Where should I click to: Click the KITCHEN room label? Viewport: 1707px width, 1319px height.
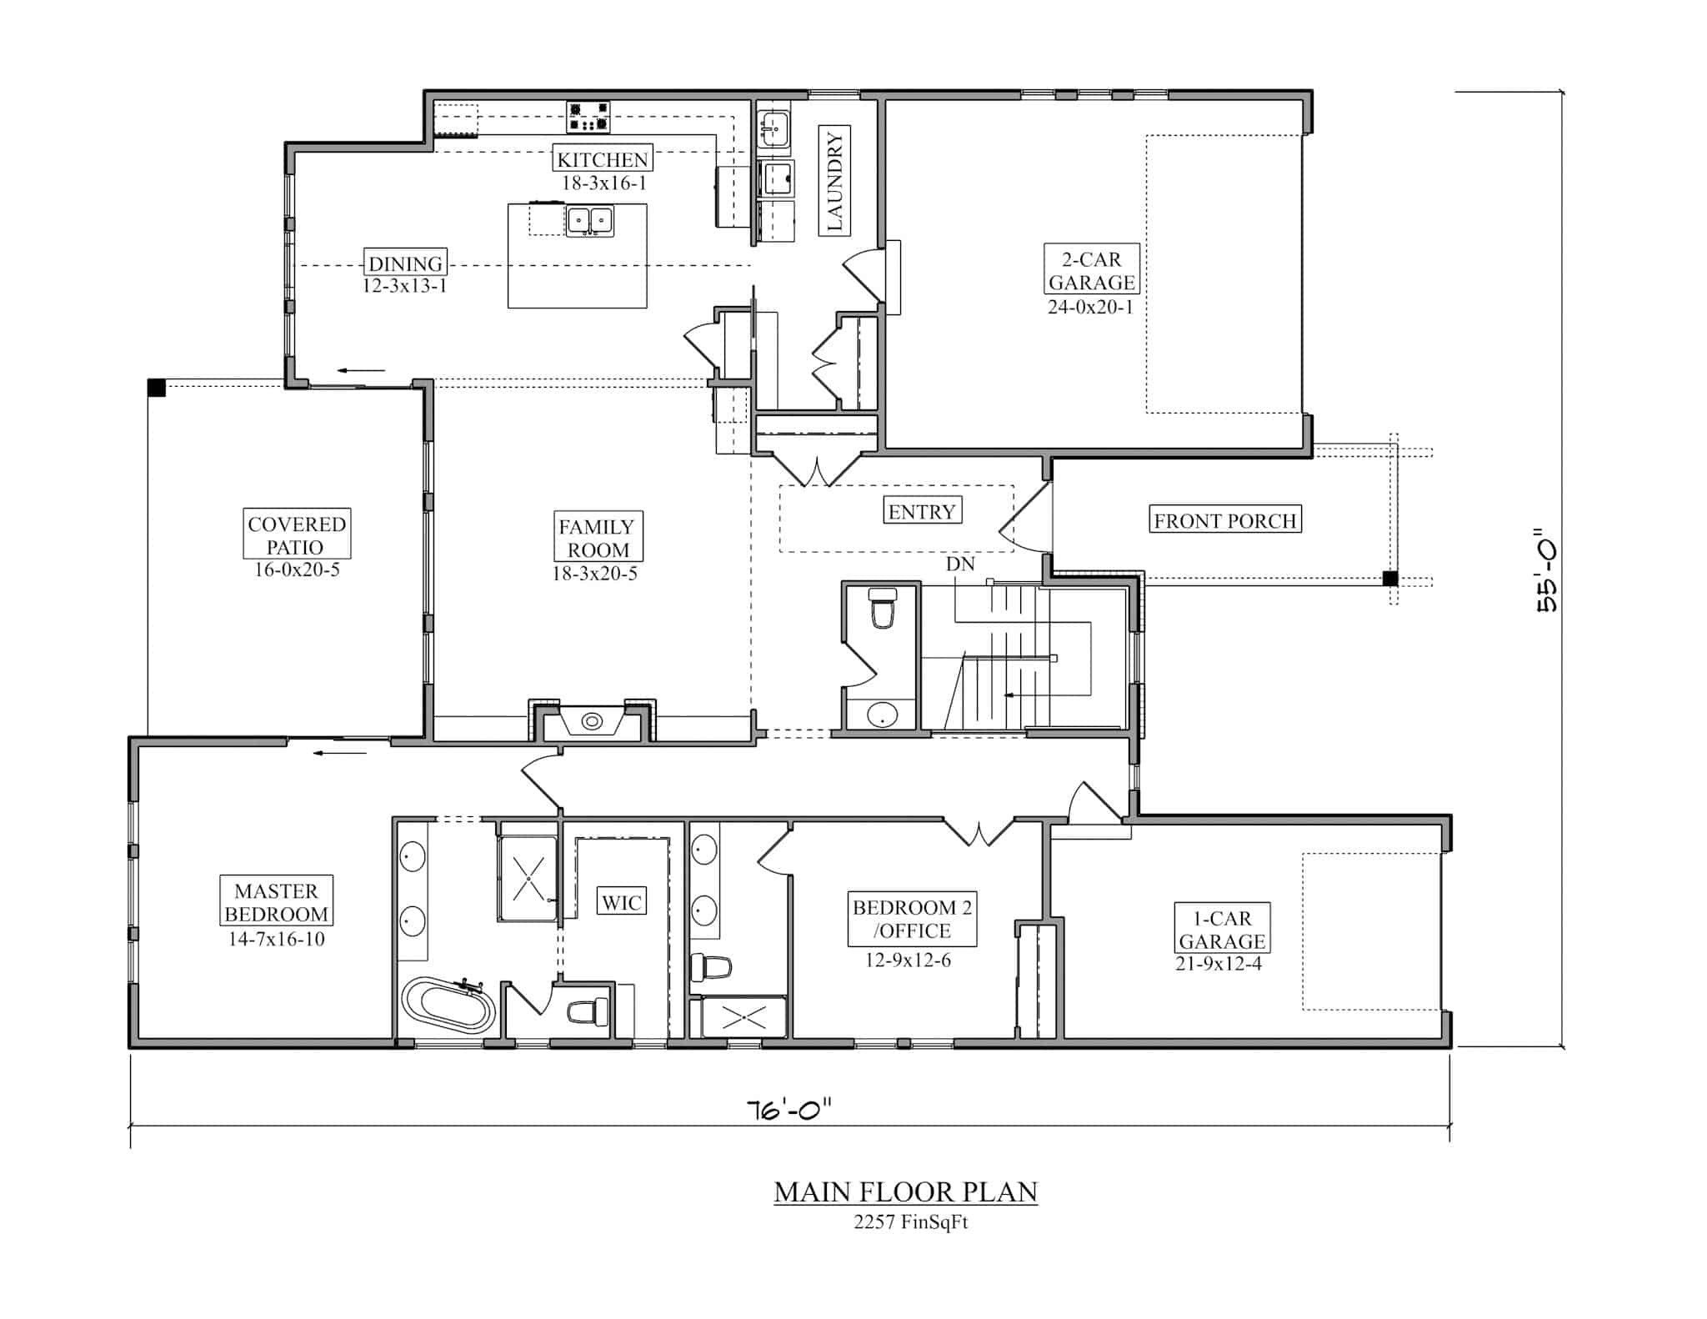pos(603,158)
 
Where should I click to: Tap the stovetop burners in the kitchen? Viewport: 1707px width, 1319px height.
pos(588,117)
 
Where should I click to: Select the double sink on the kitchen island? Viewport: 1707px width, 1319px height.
pos(591,221)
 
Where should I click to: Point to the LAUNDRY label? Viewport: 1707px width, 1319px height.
pos(834,180)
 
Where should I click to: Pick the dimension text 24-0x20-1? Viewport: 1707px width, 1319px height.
pos(1091,307)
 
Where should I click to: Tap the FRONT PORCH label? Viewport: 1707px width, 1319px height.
pos(1225,519)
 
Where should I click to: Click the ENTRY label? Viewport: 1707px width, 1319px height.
pos(922,510)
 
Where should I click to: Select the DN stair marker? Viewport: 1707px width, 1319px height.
pos(960,564)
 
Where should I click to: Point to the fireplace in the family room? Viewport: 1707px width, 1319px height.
pos(593,720)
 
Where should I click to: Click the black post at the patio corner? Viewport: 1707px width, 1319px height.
pos(156,387)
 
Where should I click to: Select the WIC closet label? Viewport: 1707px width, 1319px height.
pos(622,901)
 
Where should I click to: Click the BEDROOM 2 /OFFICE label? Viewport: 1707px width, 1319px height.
pos(912,919)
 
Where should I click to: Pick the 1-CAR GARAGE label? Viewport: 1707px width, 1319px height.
pos(1222,929)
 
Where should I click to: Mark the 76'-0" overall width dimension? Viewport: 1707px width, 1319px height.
pos(789,1110)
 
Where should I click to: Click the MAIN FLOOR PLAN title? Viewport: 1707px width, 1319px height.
pos(906,1191)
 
